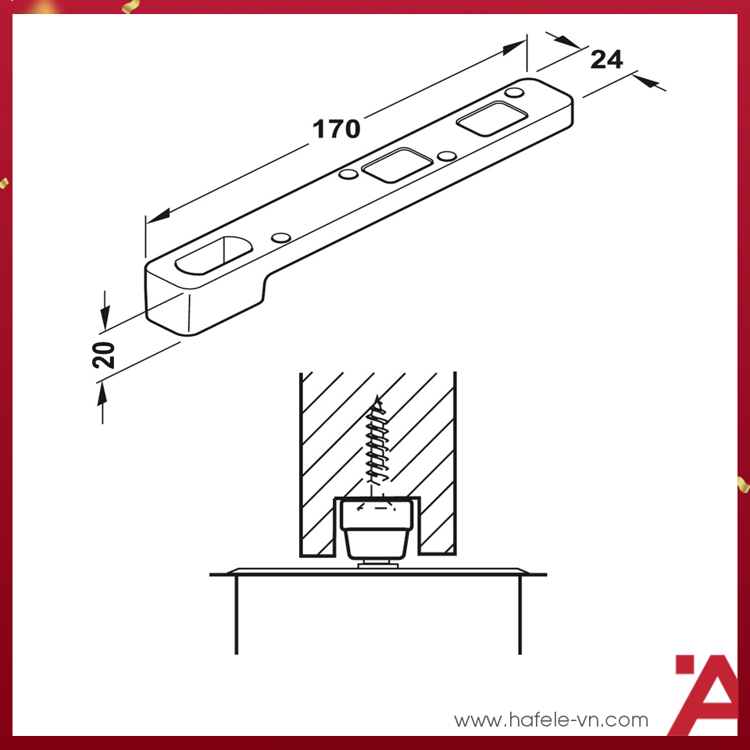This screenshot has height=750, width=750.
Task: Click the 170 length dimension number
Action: tap(337, 129)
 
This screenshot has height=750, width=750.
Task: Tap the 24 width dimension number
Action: tap(606, 59)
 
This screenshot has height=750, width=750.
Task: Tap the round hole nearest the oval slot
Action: tap(279, 237)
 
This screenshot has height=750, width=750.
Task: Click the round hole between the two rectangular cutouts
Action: tap(447, 156)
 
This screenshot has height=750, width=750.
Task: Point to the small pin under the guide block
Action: tap(378, 563)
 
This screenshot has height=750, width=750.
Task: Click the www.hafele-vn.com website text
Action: tap(551, 720)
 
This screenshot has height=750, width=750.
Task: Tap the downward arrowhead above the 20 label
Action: tap(104, 317)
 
